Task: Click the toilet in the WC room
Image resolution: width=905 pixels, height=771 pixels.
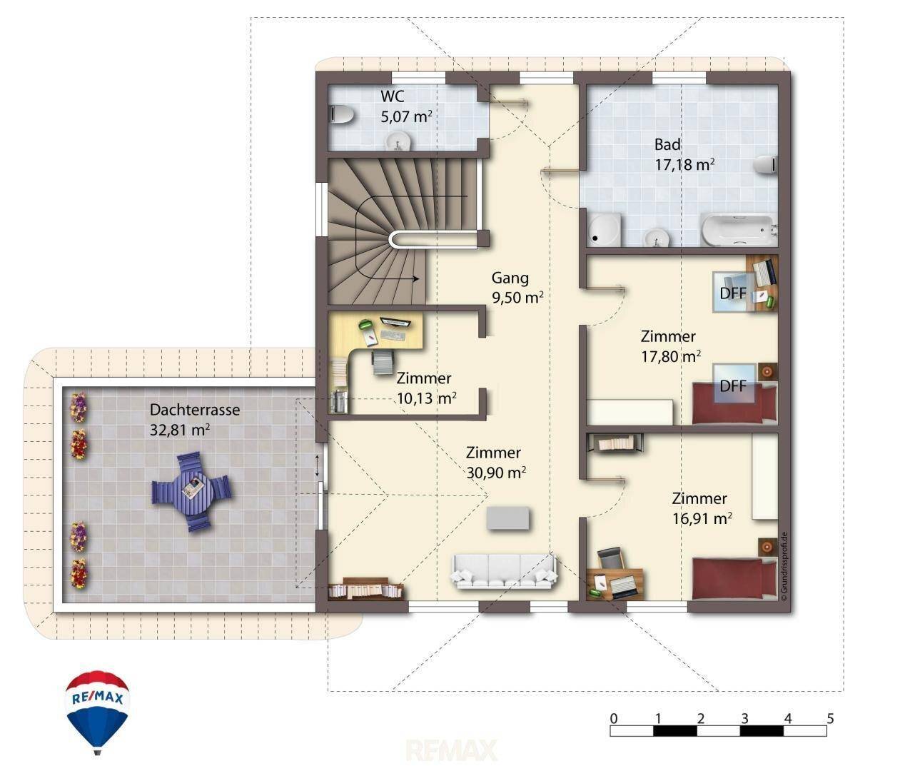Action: click(x=341, y=115)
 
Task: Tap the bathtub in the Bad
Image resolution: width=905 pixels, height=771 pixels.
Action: click(x=738, y=230)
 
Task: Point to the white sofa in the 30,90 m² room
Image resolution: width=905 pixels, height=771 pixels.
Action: click(x=505, y=571)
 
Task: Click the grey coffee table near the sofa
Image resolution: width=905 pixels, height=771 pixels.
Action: click(x=508, y=518)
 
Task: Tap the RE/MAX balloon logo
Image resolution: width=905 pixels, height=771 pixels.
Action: click(x=97, y=712)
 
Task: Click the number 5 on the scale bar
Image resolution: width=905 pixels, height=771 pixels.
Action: click(x=829, y=718)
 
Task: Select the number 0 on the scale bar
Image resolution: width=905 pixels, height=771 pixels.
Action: click(x=613, y=718)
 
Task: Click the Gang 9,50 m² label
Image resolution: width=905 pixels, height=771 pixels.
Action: click(x=517, y=288)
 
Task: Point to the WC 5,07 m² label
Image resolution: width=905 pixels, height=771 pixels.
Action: click(x=406, y=106)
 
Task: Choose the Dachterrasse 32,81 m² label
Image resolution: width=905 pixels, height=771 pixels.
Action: click(x=195, y=420)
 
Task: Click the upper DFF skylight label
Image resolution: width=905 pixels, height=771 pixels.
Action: click(x=733, y=293)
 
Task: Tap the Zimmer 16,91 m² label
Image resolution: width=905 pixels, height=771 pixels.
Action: click(x=702, y=508)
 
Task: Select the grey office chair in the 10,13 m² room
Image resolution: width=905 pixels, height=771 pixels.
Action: click(x=383, y=362)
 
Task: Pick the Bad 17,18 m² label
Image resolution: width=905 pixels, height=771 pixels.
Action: click(x=684, y=155)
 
